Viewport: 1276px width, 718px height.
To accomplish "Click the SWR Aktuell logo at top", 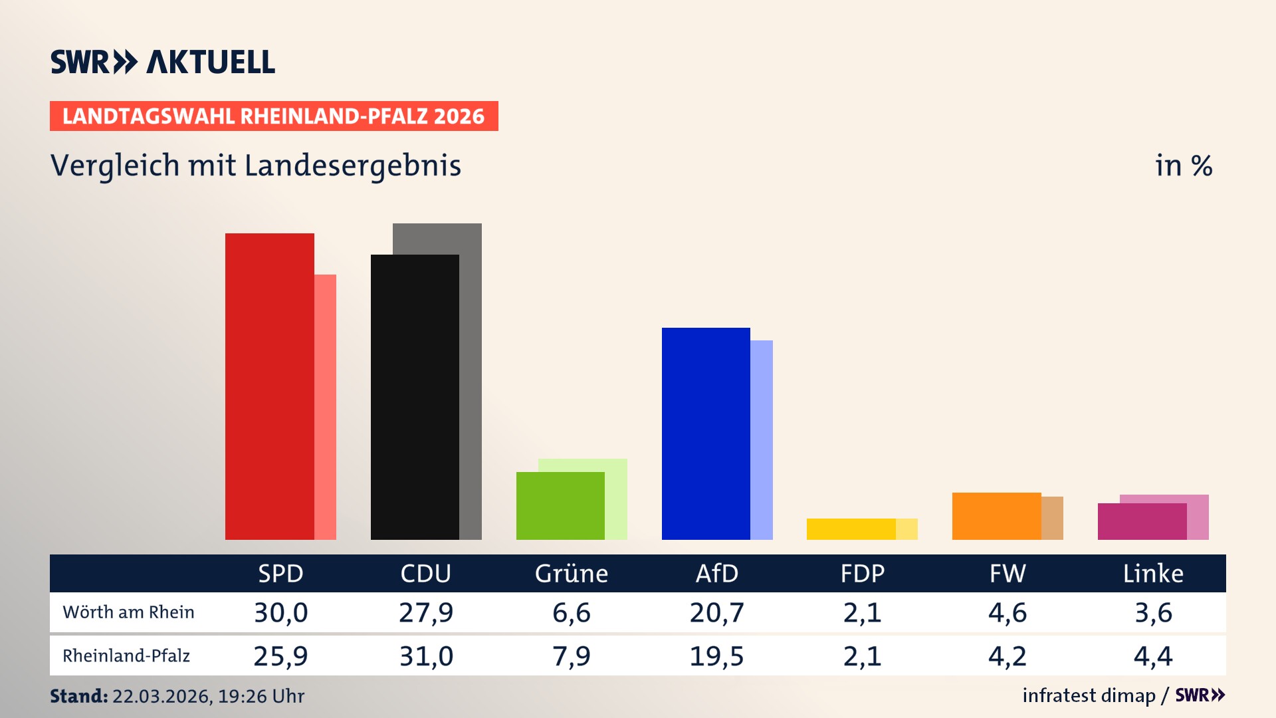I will click(x=162, y=62).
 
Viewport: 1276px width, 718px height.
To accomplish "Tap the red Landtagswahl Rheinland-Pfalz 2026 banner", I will click(x=273, y=116).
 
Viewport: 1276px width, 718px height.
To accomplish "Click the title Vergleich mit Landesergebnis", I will click(x=255, y=166).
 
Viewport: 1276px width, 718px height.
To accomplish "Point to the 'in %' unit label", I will click(x=1183, y=166).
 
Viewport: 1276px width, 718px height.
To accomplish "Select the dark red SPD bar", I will click(x=269, y=386).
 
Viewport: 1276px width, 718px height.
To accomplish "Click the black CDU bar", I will click(x=415, y=397).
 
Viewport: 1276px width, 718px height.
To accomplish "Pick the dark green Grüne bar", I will click(x=560, y=505).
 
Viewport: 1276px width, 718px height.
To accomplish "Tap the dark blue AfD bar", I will click(x=706, y=433).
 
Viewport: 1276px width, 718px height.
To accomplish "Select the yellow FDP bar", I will click(x=851, y=529).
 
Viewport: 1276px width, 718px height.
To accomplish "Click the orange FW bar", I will click(x=996, y=516).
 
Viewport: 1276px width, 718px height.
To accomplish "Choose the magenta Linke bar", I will click(x=1142, y=521).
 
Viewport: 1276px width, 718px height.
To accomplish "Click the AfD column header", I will click(x=716, y=573).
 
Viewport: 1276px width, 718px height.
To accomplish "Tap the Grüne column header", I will click(x=572, y=573).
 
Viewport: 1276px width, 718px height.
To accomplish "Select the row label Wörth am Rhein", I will click(x=128, y=612).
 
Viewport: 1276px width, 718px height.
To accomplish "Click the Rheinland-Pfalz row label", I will click(x=126, y=656).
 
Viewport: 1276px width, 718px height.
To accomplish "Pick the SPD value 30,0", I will click(x=280, y=612).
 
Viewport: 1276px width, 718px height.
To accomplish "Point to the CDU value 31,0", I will click(x=426, y=656).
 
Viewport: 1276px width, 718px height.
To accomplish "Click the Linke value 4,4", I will click(x=1153, y=656).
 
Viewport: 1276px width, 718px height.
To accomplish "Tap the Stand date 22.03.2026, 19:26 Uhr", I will click(x=207, y=696).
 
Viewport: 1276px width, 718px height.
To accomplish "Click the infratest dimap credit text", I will click(x=1089, y=695).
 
